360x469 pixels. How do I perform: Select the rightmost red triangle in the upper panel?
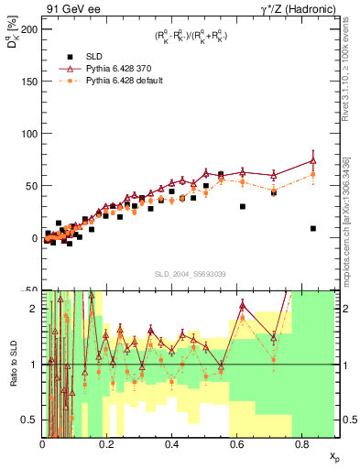(x=313, y=160)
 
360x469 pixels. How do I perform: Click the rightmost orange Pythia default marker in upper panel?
(x=313, y=173)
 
